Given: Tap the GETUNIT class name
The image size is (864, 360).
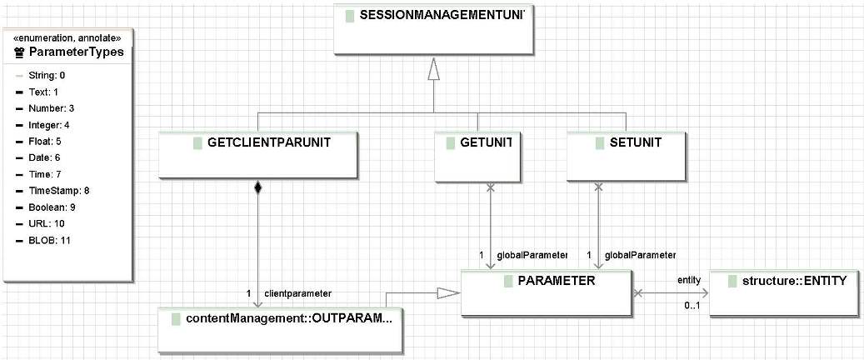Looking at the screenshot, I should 486,142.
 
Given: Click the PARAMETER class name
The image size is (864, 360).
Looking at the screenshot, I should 557,281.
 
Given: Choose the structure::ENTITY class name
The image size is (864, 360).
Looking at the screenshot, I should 794,281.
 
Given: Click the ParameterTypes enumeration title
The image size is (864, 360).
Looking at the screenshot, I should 76,52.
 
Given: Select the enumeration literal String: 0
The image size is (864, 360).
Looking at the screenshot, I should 47,75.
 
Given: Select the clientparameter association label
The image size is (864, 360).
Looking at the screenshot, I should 298,293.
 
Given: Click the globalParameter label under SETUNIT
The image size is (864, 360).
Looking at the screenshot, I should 640,255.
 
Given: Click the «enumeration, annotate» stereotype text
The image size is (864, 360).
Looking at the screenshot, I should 67,37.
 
